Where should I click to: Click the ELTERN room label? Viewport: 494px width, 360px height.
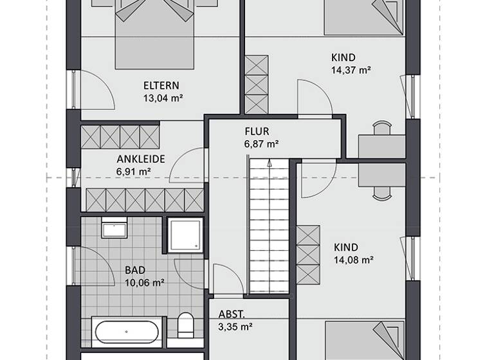coord(161,85)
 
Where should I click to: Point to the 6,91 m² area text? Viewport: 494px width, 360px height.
coord(134,172)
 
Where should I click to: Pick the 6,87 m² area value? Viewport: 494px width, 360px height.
coord(261,144)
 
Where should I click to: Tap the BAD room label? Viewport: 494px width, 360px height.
coord(135,270)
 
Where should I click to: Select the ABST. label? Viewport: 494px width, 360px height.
coord(230,315)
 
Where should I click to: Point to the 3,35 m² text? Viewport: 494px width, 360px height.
coord(234,327)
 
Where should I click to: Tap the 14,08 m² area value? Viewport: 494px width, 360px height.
coord(354,260)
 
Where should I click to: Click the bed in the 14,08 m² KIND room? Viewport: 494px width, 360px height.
coord(364,341)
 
